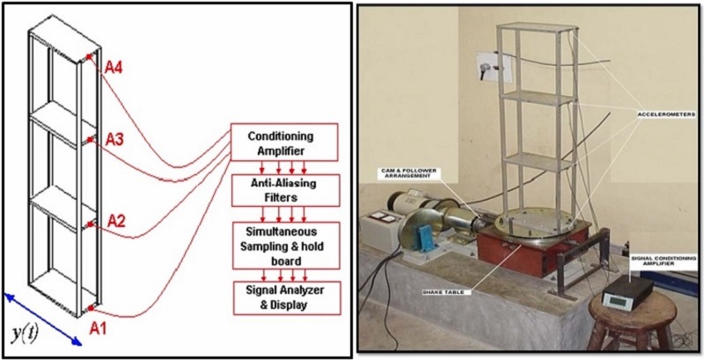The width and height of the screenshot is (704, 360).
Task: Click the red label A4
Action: pyautogui.click(x=114, y=67)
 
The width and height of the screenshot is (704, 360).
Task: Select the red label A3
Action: pyautogui.click(x=114, y=139)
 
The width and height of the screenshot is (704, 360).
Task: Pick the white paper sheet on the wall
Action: pyautogui.click(x=486, y=66)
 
